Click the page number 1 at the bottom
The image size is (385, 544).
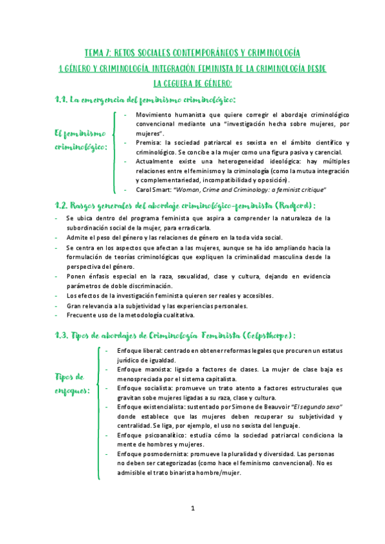[192, 508]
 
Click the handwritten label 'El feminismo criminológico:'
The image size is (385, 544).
[80, 140]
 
